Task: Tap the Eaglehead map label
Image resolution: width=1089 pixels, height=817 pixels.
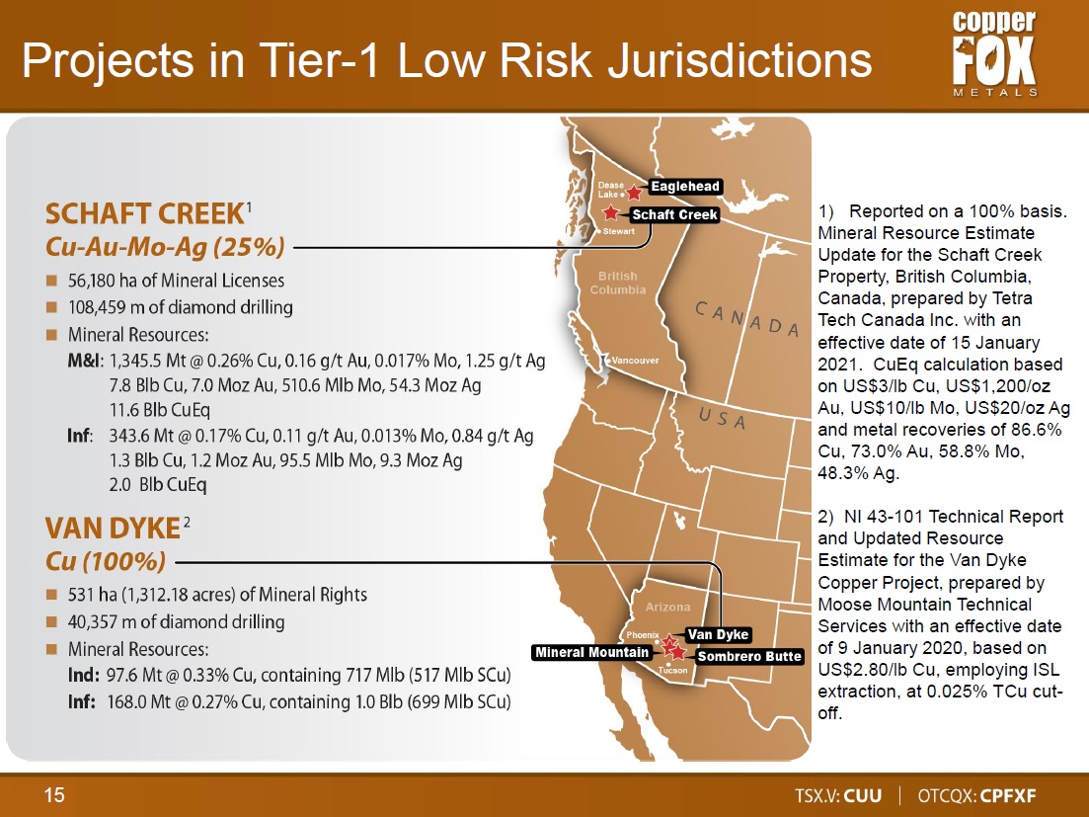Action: click(685, 186)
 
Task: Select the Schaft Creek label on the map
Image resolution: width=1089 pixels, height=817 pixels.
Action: click(674, 214)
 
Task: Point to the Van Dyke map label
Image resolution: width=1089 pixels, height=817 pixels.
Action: click(718, 634)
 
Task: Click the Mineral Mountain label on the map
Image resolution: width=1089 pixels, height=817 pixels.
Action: click(591, 652)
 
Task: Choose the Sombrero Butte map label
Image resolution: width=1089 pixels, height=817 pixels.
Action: click(748, 657)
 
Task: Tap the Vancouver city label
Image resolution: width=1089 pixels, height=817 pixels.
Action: click(635, 360)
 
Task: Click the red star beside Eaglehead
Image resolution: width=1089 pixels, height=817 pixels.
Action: click(634, 192)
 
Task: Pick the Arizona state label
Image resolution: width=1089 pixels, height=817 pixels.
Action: click(668, 607)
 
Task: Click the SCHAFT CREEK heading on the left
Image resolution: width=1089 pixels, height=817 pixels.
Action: click(144, 214)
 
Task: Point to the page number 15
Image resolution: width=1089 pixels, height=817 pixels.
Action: click(54, 794)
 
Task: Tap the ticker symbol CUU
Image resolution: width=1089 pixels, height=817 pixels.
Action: click(863, 795)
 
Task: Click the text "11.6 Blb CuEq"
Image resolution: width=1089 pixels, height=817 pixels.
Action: click(160, 410)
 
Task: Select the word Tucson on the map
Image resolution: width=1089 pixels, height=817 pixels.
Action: click(673, 670)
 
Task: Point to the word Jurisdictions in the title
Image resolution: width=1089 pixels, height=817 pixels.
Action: click(739, 59)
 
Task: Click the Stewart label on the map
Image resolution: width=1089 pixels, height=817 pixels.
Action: click(619, 231)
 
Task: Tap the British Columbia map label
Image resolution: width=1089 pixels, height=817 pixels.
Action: click(617, 283)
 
